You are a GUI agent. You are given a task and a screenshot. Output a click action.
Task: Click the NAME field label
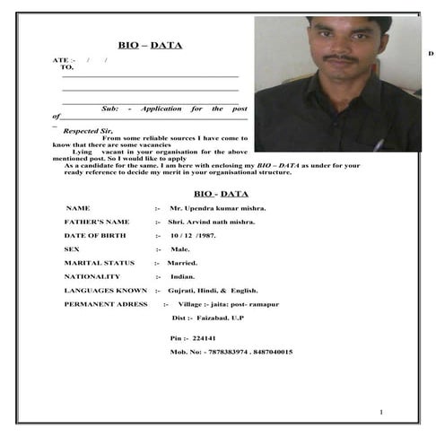click(78, 208)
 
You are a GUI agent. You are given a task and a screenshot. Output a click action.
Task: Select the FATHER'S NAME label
click(96, 222)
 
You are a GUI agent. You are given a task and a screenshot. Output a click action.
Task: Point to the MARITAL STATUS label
click(99, 263)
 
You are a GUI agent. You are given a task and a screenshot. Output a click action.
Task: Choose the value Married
click(181, 263)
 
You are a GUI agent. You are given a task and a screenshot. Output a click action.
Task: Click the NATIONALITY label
click(92, 276)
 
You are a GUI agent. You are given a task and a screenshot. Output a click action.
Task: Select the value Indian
click(183, 276)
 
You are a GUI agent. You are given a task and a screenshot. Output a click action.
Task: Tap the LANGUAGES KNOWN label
click(105, 291)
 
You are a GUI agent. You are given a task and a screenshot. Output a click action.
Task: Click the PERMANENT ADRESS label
click(105, 304)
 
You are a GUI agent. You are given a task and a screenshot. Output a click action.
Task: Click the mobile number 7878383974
click(225, 352)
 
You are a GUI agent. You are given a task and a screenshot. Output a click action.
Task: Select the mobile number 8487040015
click(271, 352)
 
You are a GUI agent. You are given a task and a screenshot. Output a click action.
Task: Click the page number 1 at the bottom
click(381, 412)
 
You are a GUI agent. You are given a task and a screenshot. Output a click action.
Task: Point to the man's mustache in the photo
click(339, 60)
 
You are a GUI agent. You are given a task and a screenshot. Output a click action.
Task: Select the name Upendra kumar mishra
click(223, 208)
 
